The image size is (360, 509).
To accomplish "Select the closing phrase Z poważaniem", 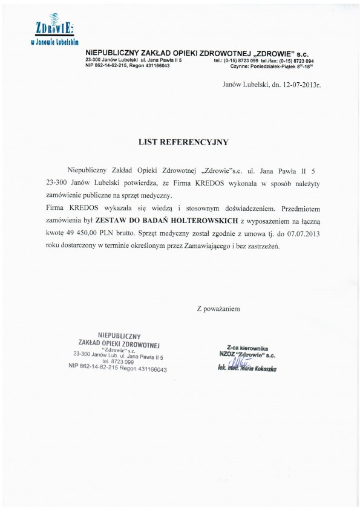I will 218,309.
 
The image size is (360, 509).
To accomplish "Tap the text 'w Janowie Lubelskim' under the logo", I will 54,43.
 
